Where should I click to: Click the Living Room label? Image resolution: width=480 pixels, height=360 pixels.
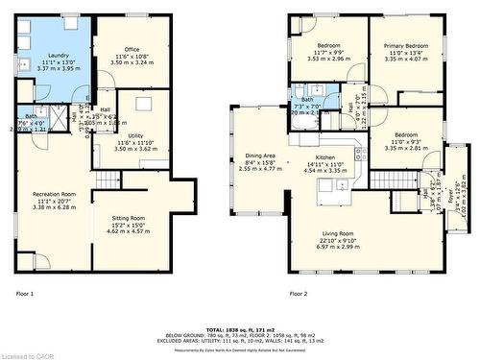pos(337,234)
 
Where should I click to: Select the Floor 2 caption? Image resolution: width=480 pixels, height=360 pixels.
pos(299,294)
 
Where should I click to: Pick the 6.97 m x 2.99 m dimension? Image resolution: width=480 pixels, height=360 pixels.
pos(337,247)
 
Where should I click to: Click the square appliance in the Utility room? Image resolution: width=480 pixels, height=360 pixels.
pos(143,104)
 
